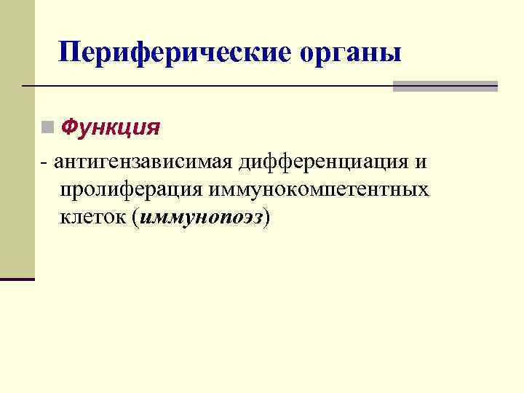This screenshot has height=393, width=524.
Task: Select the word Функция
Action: pos(111,128)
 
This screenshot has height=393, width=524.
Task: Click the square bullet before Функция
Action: pos(47,128)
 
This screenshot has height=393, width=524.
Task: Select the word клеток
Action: pos(94,217)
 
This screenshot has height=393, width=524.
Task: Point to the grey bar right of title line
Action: pos(445,86)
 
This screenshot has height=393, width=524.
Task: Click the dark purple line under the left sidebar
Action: pos(17,279)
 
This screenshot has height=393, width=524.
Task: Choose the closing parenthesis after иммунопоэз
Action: pos(268,218)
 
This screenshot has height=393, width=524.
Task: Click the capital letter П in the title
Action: pos(70,52)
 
